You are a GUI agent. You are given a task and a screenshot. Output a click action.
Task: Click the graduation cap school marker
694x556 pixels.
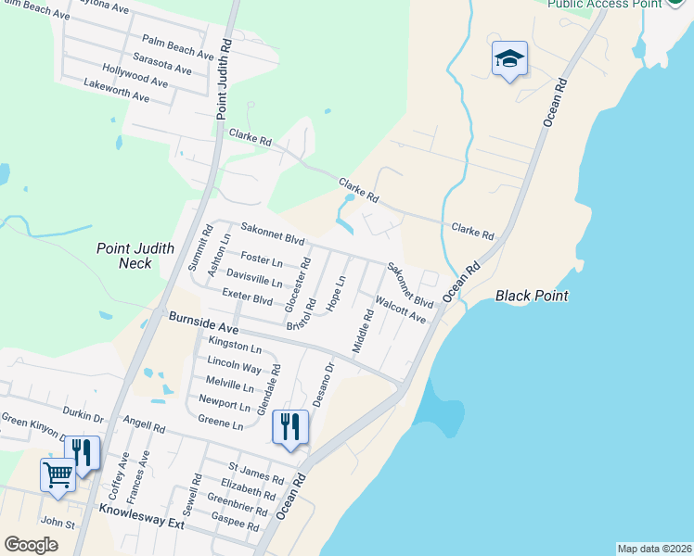pyautogui.click(x=509, y=58)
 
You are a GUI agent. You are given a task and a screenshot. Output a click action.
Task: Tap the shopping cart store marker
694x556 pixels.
pyautogui.click(x=58, y=474)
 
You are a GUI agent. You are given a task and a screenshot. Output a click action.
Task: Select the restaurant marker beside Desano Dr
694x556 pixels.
pyautogui.click(x=289, y=427)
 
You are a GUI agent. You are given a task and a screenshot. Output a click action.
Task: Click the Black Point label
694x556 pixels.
pyautogui.click(x=532, y=296)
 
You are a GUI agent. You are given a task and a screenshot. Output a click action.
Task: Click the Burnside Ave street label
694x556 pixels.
pyautogui.click(x=203, y=322)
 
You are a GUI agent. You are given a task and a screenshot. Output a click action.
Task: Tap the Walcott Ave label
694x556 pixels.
pyautogui.click(x=400, y=310)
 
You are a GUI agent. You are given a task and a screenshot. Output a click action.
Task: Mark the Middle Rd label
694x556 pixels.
pyautogui.click(x=363, y=331)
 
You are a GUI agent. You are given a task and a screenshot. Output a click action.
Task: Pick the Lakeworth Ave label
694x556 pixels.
pyautogui.click(x=116, y=90)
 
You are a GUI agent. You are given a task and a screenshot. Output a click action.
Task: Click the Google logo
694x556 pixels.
pyautogui.click(x=31, y=545)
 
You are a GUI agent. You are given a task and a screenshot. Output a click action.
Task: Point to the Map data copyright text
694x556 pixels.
pyautogui.click(x=654, y=548)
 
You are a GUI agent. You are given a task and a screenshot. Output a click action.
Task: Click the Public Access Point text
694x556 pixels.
pyautogui.click(x=604, y=4)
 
